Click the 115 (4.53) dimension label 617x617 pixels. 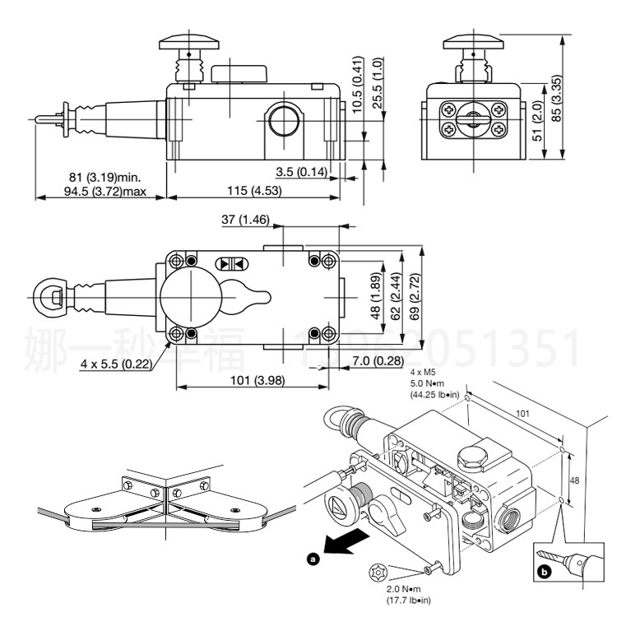tap(253, 190)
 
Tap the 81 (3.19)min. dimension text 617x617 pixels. tap(104, 176)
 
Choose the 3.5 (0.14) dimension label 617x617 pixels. tap(300, 171)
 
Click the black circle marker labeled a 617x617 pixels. tap(312, 559)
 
